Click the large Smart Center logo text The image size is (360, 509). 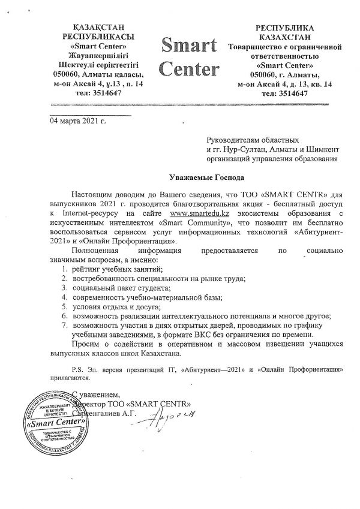coord(188,58)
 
